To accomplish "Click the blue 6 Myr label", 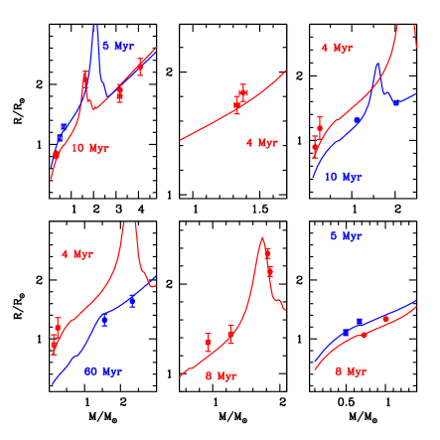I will [118, 46].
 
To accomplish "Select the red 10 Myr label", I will [89, 148].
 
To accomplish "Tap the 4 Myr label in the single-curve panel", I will [262, 143].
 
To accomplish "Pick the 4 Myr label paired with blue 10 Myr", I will [337, 48].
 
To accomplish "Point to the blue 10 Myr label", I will [344, 177].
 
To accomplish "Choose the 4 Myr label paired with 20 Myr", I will [77, 254].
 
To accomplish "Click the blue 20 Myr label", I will [103, 371].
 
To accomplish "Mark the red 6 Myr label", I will [221, 376].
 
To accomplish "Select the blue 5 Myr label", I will [347, 236].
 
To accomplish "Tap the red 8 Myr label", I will [352, 371].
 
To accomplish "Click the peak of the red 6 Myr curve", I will [262, 238].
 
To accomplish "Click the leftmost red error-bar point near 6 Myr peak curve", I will [208, 343].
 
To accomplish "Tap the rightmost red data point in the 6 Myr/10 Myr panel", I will [141, 65].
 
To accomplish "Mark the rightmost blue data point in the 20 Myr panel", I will [132, 299].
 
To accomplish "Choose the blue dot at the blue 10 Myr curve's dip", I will [395, 102].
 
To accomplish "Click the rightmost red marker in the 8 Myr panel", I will [385, 318].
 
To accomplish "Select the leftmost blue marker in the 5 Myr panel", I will [346, 333].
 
